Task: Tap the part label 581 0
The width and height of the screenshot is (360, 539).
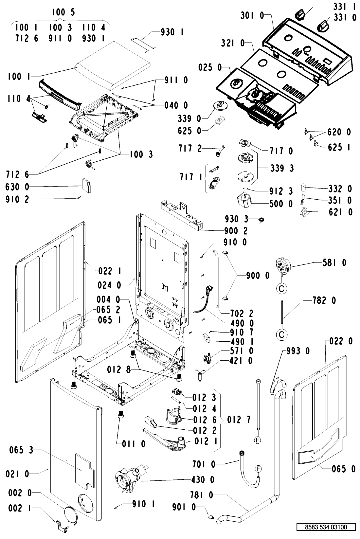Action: [x=334, y=262]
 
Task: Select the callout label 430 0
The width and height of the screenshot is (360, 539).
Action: [x=203, y=479]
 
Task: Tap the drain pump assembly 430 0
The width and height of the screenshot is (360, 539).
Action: [x=131, y=478]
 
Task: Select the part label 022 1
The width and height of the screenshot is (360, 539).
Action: [x=110, y=271]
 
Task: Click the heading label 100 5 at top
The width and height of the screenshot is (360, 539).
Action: [x=63, y=12]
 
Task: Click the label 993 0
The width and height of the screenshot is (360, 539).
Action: [x=298, y=351]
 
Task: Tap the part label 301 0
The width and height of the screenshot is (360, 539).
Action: [x=252, y=16]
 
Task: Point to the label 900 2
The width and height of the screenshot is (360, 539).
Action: [x=236, y=231]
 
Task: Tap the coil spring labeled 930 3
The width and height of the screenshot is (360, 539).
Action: [x=261, y=220]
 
